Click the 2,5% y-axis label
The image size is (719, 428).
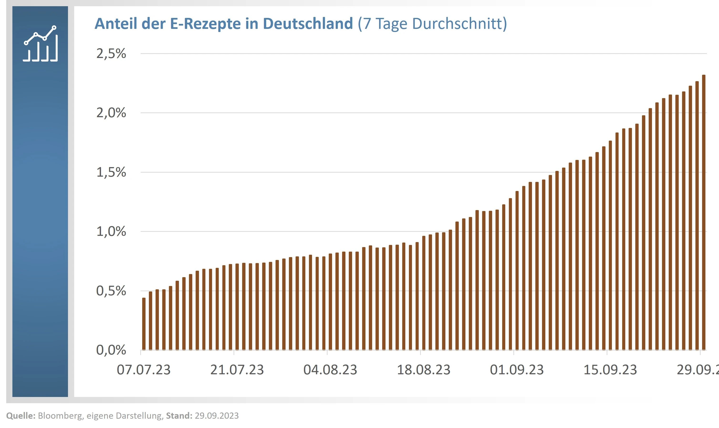tap(111, 54)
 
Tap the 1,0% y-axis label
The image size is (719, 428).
tap(111, 231)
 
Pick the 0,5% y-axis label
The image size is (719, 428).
tap(111, 291)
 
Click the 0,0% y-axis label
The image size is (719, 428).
tap(111, 350)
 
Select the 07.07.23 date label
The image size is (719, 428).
tap(144, 370)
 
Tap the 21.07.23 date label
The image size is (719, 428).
tap(237, 370)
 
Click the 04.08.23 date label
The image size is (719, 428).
tap(330, 370)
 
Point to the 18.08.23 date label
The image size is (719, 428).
tap(424, 370)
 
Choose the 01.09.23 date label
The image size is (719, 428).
tap(517, 370)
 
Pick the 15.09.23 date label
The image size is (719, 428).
tap(610, 370)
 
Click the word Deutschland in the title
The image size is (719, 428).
tap(308, 23)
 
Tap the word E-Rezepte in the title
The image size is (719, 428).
tap(205, 23)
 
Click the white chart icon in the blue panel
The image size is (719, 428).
tap(40, 44)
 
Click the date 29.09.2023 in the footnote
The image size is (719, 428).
tap(217, 416)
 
